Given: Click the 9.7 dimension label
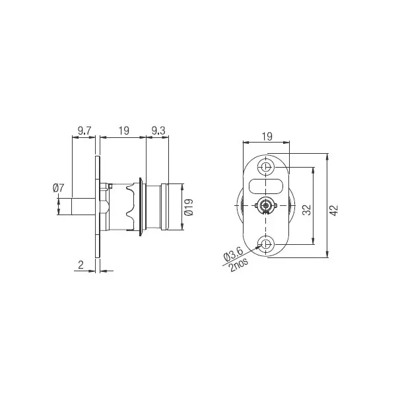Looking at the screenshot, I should coord(84,131).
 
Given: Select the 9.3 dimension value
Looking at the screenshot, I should coord(158,131).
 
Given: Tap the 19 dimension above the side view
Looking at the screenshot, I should coord(123,131).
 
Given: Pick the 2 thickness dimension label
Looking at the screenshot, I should coord(80,265).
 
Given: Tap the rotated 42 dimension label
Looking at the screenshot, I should coord(334,210).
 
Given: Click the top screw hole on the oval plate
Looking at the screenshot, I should coord(266,166).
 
